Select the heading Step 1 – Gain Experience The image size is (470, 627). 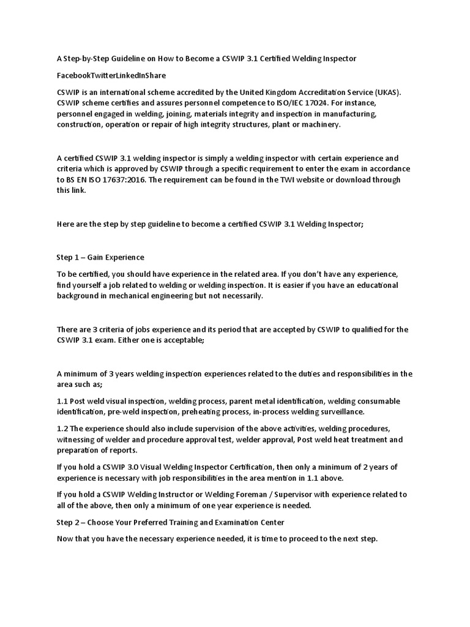[100, 257]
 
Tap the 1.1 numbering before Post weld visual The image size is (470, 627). [64, 401]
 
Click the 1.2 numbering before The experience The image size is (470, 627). [64, 429]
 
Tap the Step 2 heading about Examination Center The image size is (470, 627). [170, 522]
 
